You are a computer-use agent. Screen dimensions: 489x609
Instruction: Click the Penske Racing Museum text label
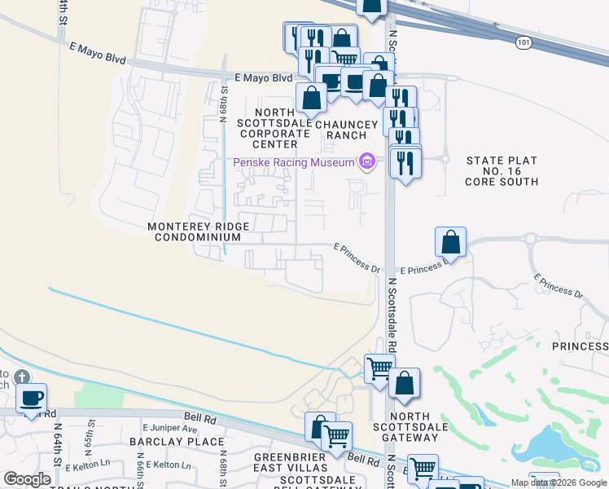pos(294,162)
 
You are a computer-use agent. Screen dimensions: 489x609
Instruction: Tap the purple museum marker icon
pos(367,162)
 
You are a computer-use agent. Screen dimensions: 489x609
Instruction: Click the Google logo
pos(27,479)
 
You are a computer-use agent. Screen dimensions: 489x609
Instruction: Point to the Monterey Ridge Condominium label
pos(195,231)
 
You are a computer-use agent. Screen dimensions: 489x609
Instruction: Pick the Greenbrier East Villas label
pos(290,462)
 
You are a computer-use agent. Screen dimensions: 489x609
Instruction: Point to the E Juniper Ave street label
pos(169,428)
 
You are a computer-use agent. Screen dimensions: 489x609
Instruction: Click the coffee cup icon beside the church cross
pos(32,399)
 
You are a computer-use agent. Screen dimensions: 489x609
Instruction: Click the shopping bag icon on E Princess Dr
pos(450,242)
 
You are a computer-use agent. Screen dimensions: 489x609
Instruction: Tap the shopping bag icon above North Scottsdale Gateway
pos(404,383)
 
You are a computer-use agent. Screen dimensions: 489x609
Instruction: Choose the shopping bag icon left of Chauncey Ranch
pos(312,99)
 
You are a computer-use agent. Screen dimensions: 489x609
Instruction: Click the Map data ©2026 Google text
pos(558,482)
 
